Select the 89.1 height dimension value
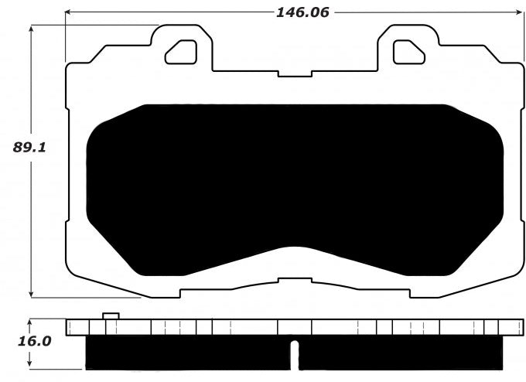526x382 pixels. [x=30, y=148]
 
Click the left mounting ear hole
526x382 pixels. [x=183, y=51]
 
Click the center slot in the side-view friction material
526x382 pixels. [x=294, y=354]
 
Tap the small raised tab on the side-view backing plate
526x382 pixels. [x=111, y=315]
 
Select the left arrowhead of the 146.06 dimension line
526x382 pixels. [x=69, y=12]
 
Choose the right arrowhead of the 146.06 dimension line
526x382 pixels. [x=519, y=12]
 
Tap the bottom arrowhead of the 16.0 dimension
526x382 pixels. [x=30, y=364]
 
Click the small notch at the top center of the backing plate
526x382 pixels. [x=294, y=73]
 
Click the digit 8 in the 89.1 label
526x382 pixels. [x=19, y=148]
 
